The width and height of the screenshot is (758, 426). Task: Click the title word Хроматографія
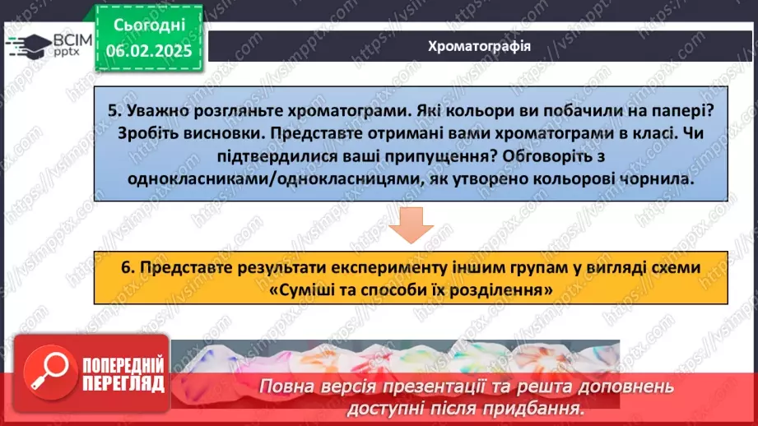(x=479, y=46)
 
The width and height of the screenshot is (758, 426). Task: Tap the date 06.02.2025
(x=149, y=51)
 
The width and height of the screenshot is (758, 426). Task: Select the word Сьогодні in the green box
(x=149, y=25)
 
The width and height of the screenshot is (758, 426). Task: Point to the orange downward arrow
(x=412, y=225)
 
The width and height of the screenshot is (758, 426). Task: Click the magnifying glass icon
(x=50, y=373)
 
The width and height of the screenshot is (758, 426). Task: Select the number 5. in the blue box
(x=114, y=110)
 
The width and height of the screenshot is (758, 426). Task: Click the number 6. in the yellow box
(x=128, y=267)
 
